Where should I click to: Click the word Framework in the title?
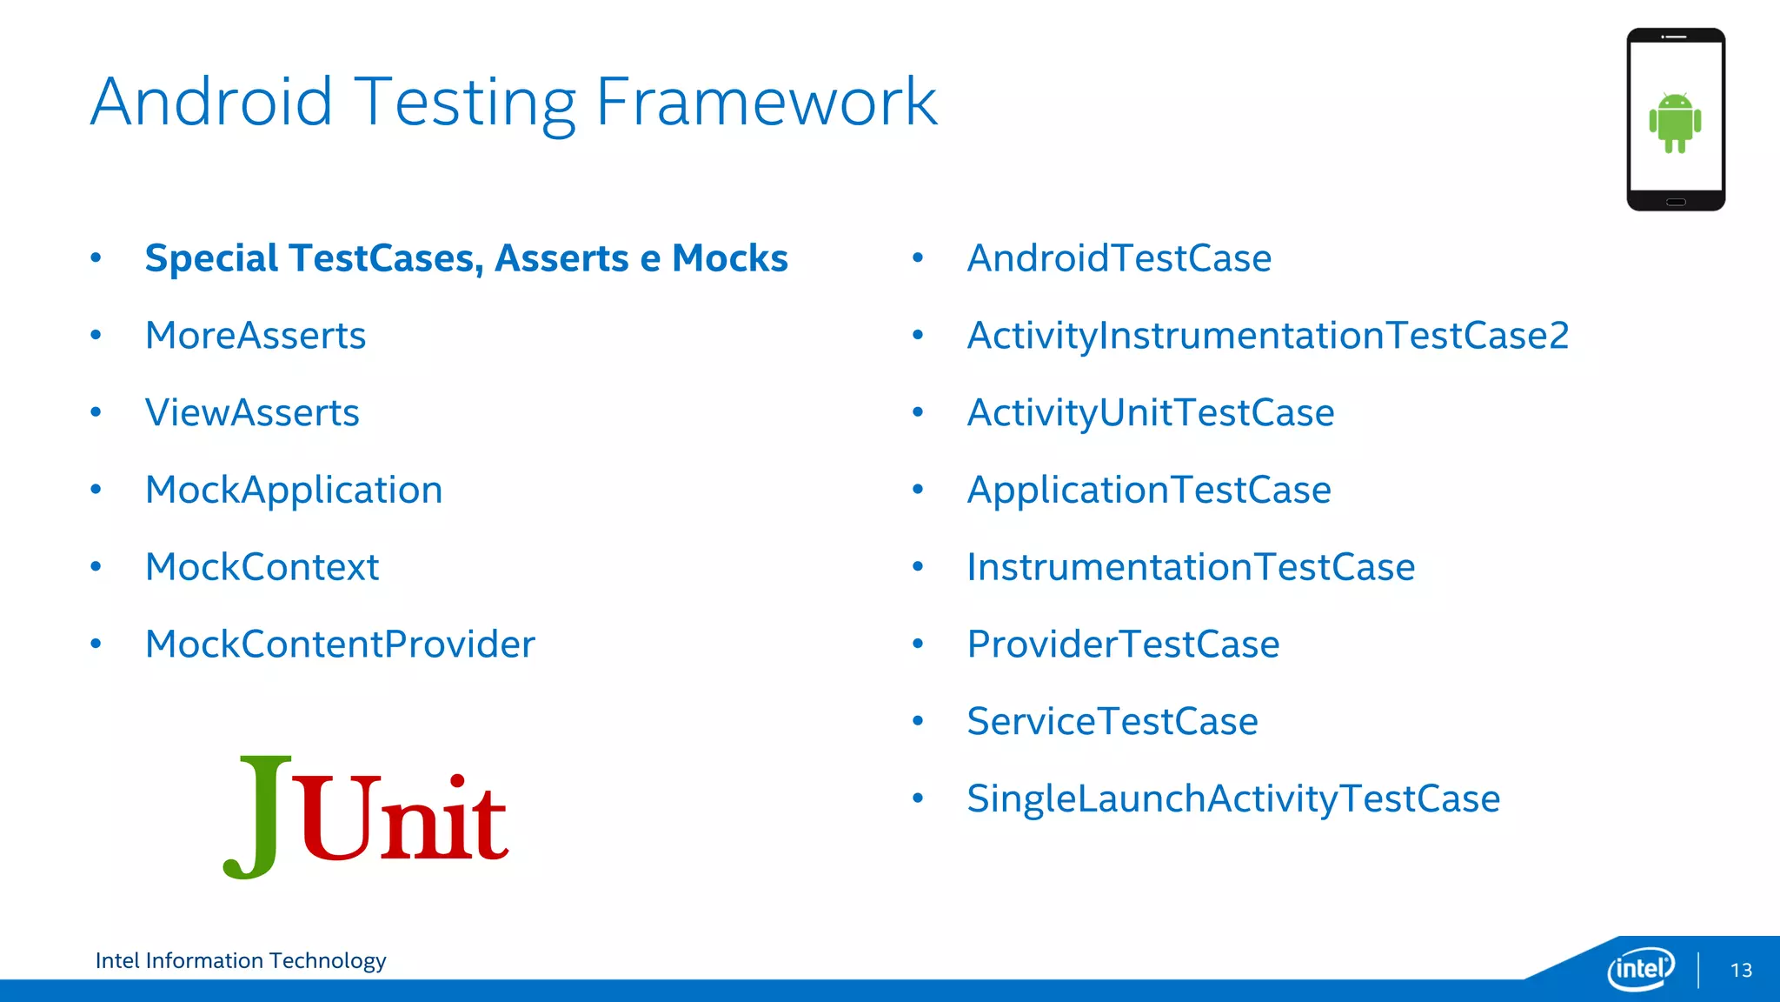click(x=766, y=103)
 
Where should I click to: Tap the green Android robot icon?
click(x=1675, y=123)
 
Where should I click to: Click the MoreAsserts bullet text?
click(x=256, y=336)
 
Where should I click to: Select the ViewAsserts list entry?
click(x=252, y=413)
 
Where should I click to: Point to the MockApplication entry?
click(x=294, y=491)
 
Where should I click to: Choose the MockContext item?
click(x=262, y=567)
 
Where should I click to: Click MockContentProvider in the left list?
click(x=340, y=645)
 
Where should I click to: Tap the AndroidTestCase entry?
click(x=1119, y=258)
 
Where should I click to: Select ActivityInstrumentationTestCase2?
click(x=1267, y=336)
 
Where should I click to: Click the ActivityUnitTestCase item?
click(x=1150, y=413)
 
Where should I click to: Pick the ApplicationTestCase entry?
click(x=1148, y=491)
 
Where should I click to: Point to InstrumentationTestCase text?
click(x=1191, y=567)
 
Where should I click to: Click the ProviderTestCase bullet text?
click(x=1123, y=645)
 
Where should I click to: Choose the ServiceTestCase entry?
click(x=1112, y=722)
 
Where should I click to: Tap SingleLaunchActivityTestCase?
click(x=1232, y=798)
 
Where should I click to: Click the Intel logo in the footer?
click(x=1640, y=968)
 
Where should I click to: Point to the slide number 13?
click(x=1741, y=971)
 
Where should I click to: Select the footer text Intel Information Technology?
click(x=241, y=960)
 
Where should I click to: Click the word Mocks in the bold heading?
click(x=729, y=258)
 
